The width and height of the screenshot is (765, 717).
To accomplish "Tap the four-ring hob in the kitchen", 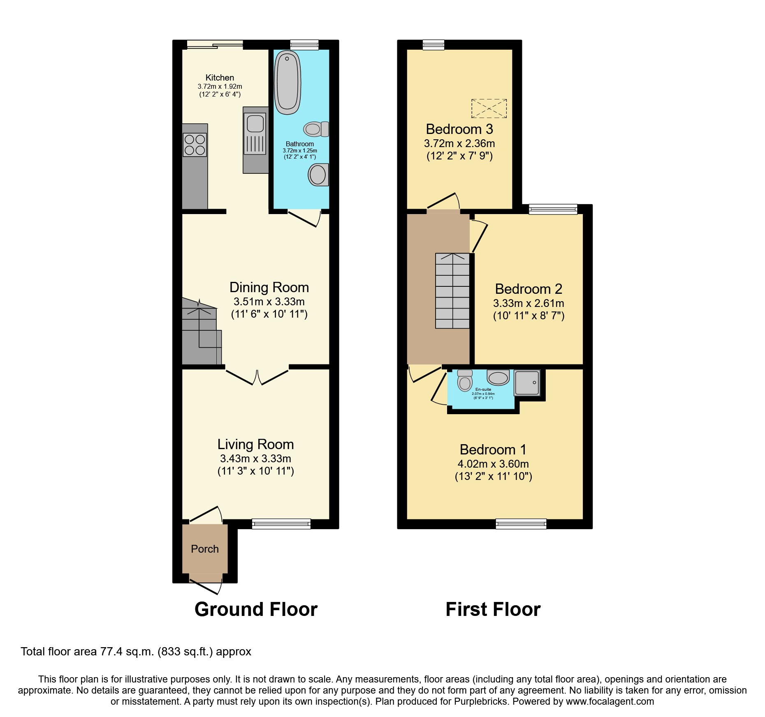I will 195,145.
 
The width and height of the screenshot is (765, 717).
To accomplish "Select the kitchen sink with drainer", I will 255,134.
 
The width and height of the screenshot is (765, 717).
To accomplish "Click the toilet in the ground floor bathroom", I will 316,129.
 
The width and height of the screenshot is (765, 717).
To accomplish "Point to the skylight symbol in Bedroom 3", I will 489,108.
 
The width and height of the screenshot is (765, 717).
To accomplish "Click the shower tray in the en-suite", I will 527,383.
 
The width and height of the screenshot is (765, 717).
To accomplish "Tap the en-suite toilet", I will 465,381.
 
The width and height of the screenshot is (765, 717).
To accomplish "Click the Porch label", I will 204,549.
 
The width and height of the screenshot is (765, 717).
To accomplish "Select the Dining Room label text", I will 269,287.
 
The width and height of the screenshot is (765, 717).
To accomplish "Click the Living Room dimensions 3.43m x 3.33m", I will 255,459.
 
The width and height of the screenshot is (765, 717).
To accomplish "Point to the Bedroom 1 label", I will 493,450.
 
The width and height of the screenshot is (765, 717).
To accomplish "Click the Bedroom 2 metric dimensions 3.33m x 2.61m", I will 529,303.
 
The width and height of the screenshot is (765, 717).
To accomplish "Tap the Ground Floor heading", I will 256,609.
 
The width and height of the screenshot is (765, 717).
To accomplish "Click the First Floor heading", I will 493,609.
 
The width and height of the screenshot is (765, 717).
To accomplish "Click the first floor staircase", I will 452,290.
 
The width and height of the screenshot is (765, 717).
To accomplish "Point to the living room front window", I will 281,523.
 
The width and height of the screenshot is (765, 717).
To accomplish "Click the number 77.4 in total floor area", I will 112,652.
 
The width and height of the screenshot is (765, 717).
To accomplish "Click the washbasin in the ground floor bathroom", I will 318,175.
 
